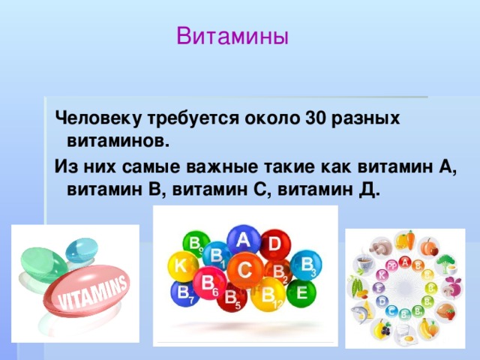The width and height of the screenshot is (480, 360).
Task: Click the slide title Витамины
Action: (232, 36)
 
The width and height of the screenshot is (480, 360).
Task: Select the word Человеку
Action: (89, 118)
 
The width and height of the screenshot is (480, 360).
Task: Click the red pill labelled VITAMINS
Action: (89, 296)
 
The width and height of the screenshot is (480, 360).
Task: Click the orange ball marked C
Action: (244, 268)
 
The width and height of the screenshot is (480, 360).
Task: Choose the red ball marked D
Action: (274, 244)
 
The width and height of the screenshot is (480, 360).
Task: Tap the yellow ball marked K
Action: (181, 265)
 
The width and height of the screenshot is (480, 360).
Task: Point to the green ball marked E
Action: (301, 293)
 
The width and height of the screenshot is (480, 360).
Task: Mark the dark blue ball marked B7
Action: (182, 295)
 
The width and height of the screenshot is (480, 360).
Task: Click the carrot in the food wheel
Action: (406, 241)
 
